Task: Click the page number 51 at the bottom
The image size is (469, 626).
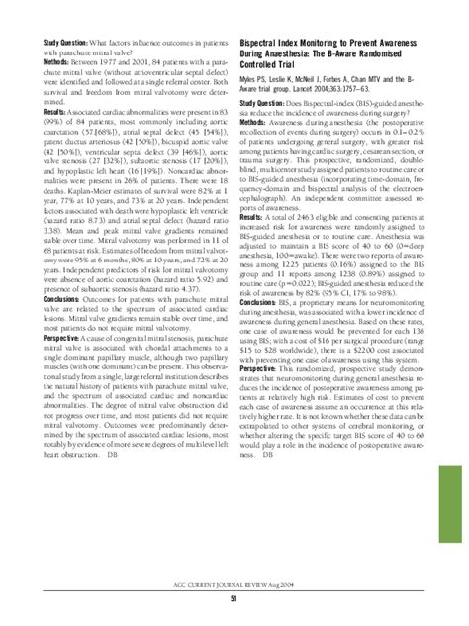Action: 234,598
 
